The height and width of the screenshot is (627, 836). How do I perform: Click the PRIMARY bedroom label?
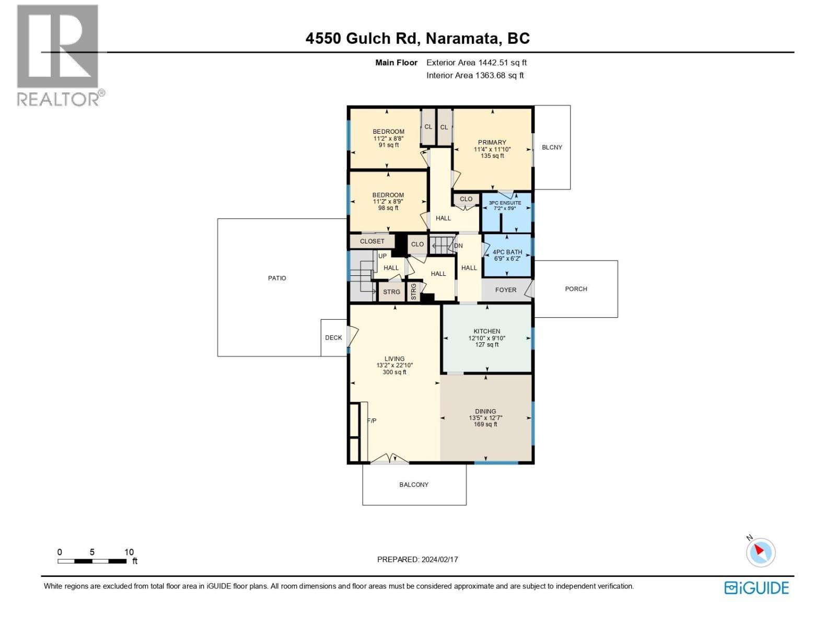492,143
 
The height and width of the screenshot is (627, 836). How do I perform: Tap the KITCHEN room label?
486,331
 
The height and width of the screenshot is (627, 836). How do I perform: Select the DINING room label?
485,412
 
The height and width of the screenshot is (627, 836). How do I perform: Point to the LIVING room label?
394,359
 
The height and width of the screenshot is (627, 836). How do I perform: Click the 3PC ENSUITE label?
504,203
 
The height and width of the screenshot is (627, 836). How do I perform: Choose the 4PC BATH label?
507,252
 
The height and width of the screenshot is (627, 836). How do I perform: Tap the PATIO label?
277,278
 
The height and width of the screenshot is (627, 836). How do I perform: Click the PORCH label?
576,289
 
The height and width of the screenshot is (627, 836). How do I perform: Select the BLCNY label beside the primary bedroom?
552,147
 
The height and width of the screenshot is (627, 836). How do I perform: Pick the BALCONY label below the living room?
414,485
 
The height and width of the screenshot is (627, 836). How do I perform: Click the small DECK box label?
333,338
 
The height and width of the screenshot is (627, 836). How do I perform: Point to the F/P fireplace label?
371,421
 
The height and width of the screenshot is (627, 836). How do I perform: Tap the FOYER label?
505,290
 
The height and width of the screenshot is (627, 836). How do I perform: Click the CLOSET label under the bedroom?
372,241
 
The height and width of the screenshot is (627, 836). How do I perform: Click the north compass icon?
760,552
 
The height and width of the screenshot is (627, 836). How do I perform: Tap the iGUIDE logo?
756,588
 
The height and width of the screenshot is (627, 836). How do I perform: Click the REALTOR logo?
59,55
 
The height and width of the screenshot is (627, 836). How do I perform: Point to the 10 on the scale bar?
129,552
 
